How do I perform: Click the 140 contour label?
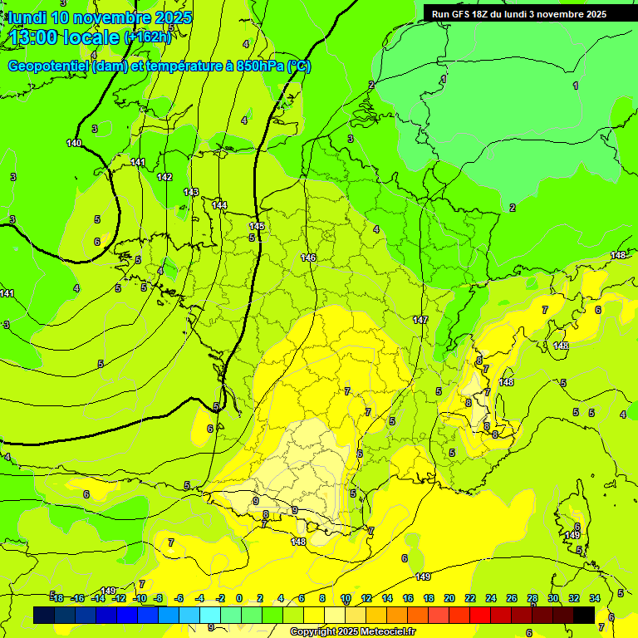point(74,144)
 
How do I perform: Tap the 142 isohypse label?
point(164,177)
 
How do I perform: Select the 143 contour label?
point(191,192)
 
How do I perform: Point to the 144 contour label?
point(219,205)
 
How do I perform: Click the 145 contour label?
point(257,226)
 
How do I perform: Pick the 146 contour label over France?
point(308,258)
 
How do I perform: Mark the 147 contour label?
point(420,320)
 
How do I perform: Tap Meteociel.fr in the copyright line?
point(384,632)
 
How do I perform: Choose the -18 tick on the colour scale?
point(57,598)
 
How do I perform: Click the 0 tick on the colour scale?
point(239,598)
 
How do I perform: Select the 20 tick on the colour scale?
point(449,598)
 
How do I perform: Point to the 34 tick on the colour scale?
point(595,598)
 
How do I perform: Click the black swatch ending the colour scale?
point(584,615)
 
